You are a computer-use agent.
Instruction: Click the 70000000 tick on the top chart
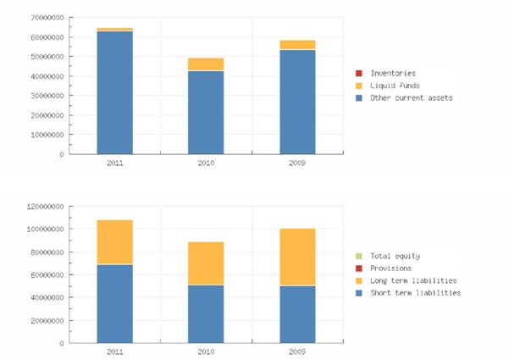[47, 18]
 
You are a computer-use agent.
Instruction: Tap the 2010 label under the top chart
[206, 162]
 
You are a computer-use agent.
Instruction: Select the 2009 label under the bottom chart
[297, 351]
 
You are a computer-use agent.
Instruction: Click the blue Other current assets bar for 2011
[114, 93]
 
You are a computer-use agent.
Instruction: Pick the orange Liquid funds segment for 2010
[206, 64]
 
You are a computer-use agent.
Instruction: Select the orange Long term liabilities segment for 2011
[114, 242]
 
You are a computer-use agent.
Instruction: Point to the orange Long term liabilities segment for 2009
[297, 258]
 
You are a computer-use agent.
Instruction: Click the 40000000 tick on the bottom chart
[47, 297]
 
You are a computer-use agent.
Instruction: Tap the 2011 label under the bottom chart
[114, 351]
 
